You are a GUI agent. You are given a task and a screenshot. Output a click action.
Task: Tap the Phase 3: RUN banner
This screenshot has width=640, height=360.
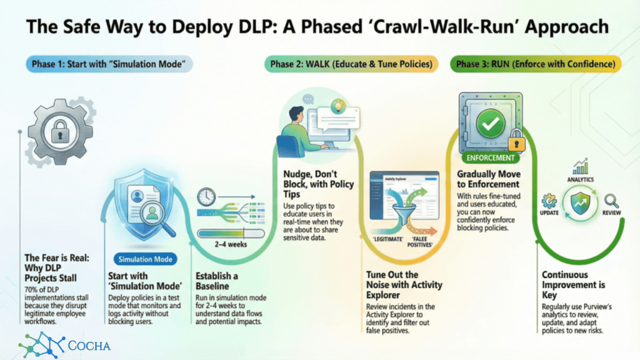tap(536, 64)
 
